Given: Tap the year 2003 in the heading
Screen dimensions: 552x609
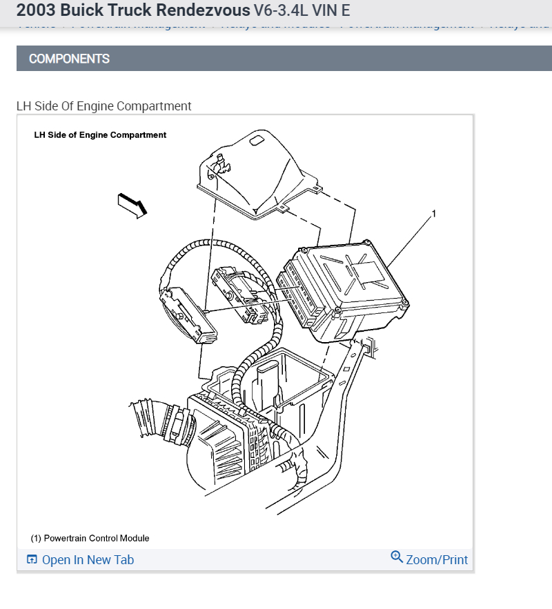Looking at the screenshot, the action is [x=35, y=10].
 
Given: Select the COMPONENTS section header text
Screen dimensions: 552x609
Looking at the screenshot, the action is [x=69, y=59].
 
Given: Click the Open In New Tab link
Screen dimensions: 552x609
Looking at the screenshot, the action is [x=88, y=560].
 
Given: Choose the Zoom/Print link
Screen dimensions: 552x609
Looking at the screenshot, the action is [x=437, y=560].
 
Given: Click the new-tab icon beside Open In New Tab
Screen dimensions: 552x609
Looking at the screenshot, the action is [x=32, y=559].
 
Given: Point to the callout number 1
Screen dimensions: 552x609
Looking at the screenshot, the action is [x=433, y=214].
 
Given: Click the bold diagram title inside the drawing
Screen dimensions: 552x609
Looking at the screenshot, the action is [x=100, y=135].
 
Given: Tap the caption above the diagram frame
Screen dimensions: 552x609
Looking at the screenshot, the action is [x=103, y=106].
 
